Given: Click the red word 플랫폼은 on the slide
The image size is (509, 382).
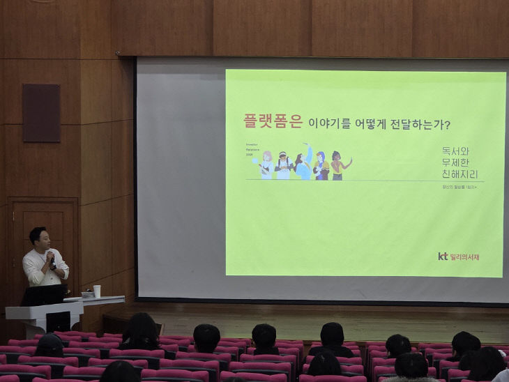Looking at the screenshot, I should click(x=273, y=122).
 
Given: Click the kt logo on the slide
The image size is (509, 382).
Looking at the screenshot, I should click(x=442, y=257).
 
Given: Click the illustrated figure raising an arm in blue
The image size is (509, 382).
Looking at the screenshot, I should click(x=305, y=165).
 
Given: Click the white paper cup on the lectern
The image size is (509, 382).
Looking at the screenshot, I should click(x=97, y=291).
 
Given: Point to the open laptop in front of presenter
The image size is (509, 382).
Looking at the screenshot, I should click(x=43, y=295).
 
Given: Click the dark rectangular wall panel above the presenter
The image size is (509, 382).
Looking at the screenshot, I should click(x=41, y=112).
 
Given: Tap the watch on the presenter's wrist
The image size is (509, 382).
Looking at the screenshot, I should click(x=53, y=266).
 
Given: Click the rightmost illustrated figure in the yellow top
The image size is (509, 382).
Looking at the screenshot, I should click(x=337, y=166).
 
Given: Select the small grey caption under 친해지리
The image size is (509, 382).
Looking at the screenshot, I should click(x=462, y=188).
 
